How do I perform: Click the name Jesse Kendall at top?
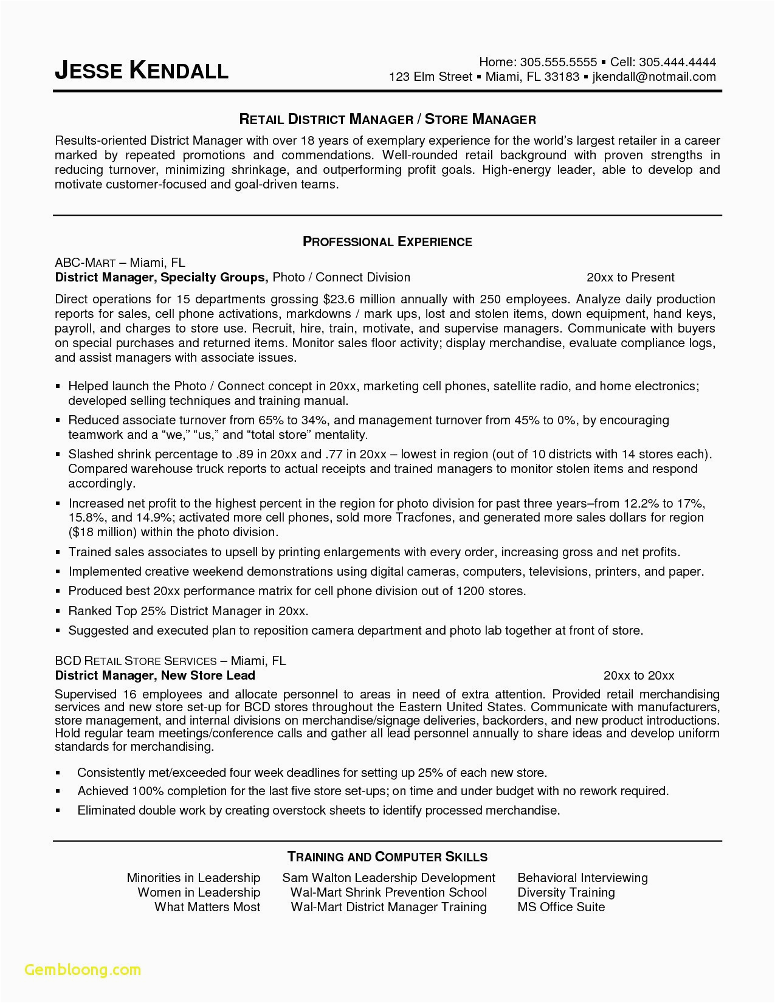click(141, 71)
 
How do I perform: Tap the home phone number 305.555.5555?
click(559, 61)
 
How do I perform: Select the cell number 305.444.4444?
click(677, 61)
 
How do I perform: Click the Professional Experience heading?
click(387, 242)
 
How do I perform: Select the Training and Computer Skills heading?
click(387, 857)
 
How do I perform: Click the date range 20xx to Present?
click(630, 278)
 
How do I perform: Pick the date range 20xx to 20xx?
click(639, 675)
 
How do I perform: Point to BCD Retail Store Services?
click(135, 661)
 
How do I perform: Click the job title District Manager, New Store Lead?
click(155, 675)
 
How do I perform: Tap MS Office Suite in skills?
click(561, 907)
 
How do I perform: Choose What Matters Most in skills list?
click(207, 907)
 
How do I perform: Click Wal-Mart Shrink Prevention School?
click(388, 892)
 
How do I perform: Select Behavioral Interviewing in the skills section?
click(582, 878)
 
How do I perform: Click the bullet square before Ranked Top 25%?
click(58, 612)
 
